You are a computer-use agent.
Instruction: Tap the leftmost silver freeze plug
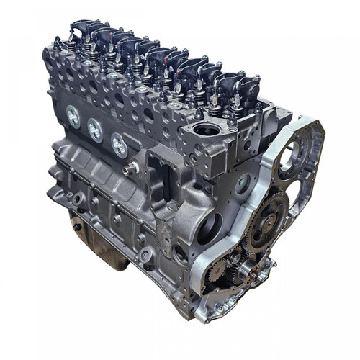(73, 115)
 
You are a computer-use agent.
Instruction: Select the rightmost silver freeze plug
(118, 143)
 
